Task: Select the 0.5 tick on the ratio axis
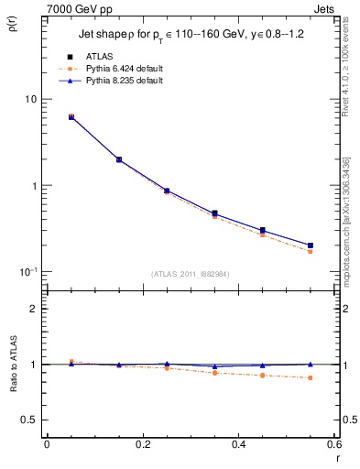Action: click(x=29, y=420)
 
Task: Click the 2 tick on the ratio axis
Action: click(x=34, y=309)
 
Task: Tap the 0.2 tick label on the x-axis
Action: click(x=142, y=444)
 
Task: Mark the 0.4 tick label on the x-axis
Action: click(x=238, y=444)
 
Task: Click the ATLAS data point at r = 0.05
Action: click(x=71, y=117)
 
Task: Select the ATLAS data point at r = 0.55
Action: click(x=311, y=245)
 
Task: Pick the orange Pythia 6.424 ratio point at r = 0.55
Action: click(x=311, y=377)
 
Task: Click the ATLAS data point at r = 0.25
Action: click(x=167, y=191)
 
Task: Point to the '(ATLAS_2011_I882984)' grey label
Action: click(x=191, y=275)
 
